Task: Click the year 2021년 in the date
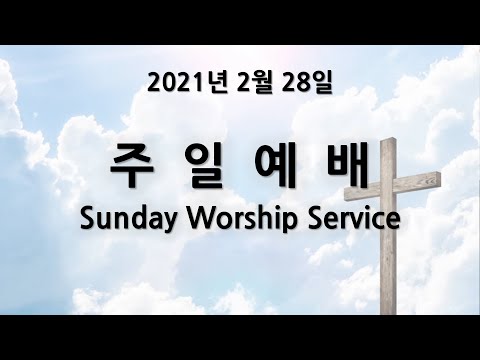pos(188,83)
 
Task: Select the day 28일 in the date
pos(306,83)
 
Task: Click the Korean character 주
pos(132,166)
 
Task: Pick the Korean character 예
pos(275,166)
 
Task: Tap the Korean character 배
pos(348,166)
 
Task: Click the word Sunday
pos(128,219)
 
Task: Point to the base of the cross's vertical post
pos(389,313)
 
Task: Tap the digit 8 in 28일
pos(302,84)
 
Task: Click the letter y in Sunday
pos(169,223)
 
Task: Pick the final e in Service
pos(393,221)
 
